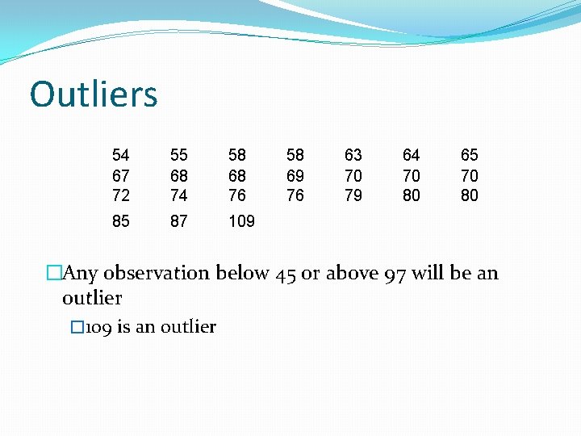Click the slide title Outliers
94,94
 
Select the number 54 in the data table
121,155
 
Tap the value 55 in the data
178,155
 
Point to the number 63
353,155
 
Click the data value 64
412,155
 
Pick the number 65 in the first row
469,155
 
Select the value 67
121,175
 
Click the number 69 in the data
295,175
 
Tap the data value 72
121,195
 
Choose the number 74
178,195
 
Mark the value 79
353,195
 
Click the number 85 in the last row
121,220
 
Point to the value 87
178,220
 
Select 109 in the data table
241,220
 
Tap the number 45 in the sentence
286,274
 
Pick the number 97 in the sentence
395,274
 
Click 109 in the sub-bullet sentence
98,327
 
